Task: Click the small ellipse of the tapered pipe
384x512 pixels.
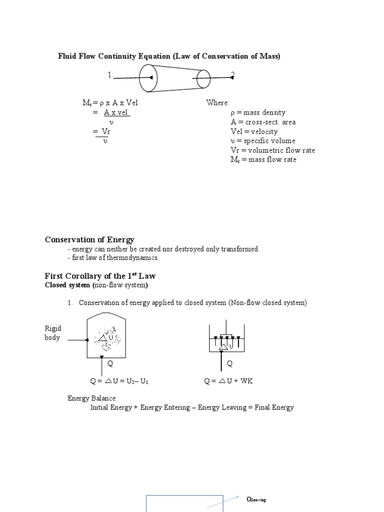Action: [203, 78]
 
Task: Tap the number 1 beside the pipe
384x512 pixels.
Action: [109, 75]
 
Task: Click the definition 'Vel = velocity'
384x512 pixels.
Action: [254, 131]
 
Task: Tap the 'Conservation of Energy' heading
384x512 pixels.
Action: [89, 240]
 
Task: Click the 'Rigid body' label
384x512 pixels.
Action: [53, 333]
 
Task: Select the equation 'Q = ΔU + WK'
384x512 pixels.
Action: [229, 381]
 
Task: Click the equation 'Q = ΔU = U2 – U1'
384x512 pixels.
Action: [120, 381]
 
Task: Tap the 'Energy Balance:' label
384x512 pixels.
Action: [92, 398]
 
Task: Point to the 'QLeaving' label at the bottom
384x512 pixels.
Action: [256, 499]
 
